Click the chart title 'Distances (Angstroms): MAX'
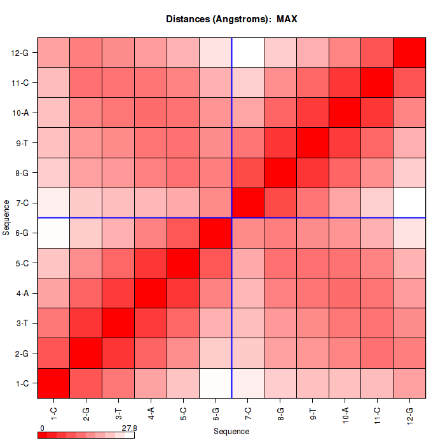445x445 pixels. click(231, 19)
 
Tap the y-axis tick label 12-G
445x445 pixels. click(21, 53)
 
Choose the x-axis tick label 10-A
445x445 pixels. click(345, 416)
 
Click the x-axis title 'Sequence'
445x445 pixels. click(231, 432)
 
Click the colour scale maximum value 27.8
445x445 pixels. click(129, 428)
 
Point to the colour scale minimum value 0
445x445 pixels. click(41, 428)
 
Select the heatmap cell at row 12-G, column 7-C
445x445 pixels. click(248, 53)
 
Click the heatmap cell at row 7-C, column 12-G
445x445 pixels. click(409, 203)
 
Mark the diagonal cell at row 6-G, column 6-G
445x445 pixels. click(216, 233)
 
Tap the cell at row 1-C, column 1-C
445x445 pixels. click(53, 383)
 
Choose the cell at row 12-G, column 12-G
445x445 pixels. click(409, 53)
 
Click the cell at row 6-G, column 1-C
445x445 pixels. click(53, 233)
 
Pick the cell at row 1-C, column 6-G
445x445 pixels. click(216, 383)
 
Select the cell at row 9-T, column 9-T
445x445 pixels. click(313, 143)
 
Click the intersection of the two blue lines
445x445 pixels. click(232, 218)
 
